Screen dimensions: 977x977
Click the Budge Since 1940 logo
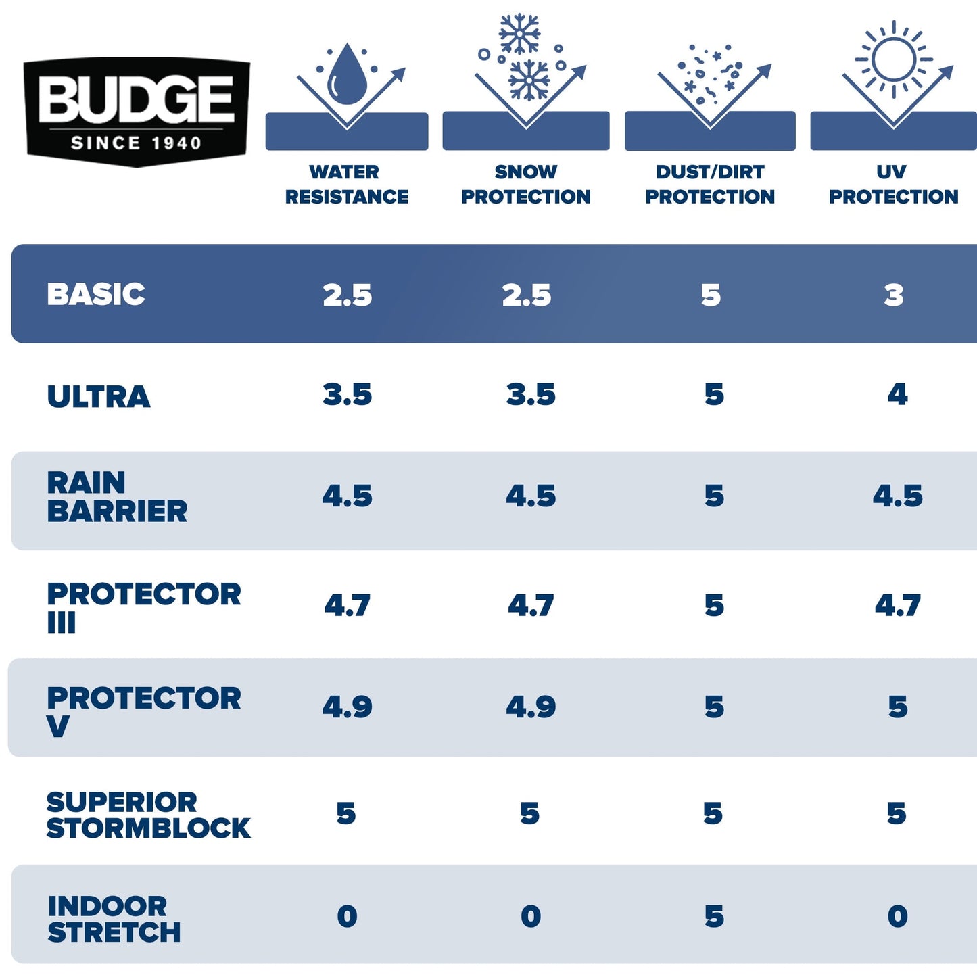(137, 111)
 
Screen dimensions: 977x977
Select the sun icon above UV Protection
(893, 59)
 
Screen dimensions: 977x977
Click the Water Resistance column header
(346, 184)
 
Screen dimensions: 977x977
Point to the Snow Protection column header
(525, 184)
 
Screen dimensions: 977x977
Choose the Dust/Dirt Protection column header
(710, 184)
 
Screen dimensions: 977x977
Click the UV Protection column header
(893, 184)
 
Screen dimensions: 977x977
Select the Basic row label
(96, 294)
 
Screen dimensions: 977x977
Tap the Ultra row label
(99, 396)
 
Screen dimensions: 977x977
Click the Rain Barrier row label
(117, 497)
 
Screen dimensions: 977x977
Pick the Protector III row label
(143, 606)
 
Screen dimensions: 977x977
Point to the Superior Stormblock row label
(148, 815)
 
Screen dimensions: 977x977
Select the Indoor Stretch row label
(114, 919)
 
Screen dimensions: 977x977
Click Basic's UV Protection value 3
(894, 295)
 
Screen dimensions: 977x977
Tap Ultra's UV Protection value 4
(897, 394)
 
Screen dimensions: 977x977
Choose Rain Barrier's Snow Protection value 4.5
(531, 496)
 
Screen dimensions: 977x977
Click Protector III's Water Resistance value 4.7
(347, 605)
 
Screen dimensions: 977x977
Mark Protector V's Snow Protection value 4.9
(531, 707)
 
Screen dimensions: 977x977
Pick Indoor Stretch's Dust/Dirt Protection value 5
(714, 917)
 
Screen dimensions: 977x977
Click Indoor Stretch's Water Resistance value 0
(347, 917)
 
